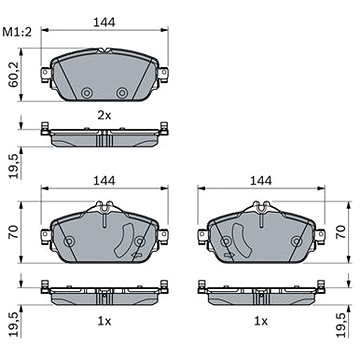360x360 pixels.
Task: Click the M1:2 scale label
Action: tap(17, 32)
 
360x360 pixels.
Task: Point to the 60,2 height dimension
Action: tap(14, 76)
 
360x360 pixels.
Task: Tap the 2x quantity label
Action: tap(104, 116)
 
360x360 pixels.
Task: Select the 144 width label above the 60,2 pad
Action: tap(104, 22)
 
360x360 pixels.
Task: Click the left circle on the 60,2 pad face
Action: tap(87, 93)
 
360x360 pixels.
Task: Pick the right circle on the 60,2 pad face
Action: tap(122, 93)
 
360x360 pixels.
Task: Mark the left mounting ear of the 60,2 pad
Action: tap(46, 74)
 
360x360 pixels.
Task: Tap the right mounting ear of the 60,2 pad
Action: tap(163, 74)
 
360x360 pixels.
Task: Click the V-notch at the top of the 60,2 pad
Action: tap(105, 51)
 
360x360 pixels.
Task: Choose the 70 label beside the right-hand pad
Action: tap(341, 231)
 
